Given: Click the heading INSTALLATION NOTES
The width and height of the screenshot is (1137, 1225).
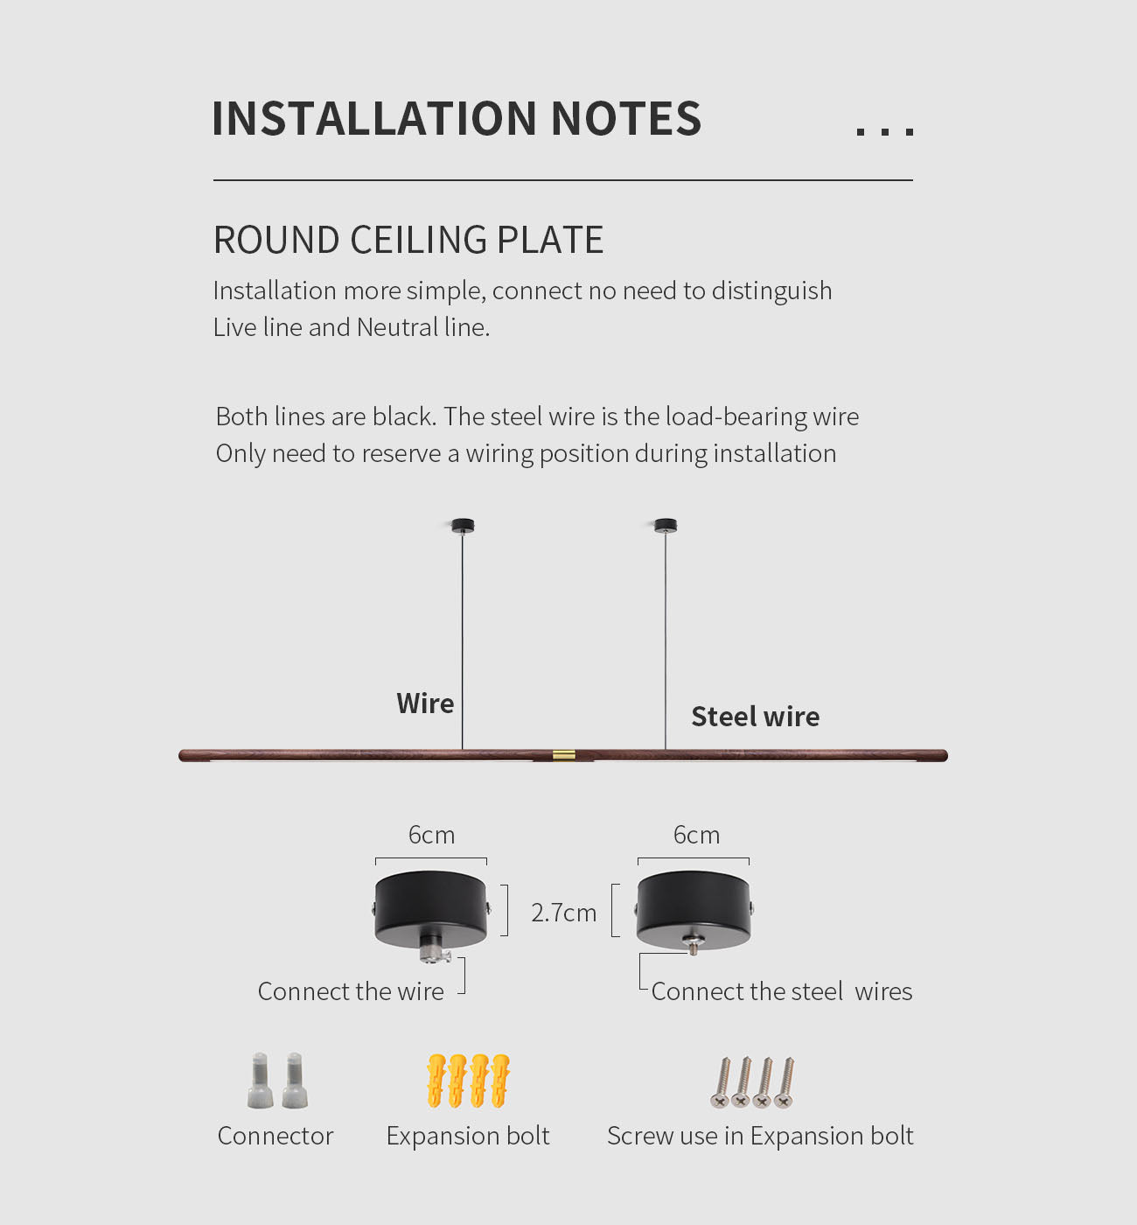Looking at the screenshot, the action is coord(457,118).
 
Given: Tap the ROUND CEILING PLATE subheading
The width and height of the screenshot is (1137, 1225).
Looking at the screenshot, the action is coord(408,240).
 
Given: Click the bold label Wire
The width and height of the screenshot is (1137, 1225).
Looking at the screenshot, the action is coord(425,703).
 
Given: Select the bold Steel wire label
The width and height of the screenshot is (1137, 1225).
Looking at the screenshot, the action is coord(756,716).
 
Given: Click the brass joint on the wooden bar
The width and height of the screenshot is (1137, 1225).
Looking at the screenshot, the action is coord(563,755).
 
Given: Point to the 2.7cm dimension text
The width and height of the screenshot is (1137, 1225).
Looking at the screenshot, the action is coord(563,913).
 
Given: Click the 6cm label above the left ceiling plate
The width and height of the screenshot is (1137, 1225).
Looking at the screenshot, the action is coord(431,835).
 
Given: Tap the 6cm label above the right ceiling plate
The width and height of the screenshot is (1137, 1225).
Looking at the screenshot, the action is coord(696,835).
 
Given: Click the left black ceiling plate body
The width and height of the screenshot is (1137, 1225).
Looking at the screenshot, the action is coord(431,908).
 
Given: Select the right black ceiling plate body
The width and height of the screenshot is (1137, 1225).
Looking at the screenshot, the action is coord(694,908).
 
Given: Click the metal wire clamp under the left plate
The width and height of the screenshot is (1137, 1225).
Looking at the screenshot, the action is coord(434,948).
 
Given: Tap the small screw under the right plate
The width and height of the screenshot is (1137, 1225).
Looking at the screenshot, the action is coord(693,943).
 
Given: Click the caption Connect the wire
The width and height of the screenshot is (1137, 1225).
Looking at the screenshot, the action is coord(351,991).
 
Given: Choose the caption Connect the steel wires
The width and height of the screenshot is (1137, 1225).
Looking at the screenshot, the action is coord(781,991).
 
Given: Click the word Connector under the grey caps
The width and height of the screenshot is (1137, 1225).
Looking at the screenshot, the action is coord(275,1136).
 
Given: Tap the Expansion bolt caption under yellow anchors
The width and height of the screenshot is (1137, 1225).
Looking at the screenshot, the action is coord(467,1136).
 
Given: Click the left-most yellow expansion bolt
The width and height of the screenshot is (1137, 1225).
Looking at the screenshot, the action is coord(436,1081).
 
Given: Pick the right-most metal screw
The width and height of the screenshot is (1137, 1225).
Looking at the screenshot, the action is coord(785,1083).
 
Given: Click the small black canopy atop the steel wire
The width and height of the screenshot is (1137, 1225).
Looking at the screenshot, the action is coord(666,526).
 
